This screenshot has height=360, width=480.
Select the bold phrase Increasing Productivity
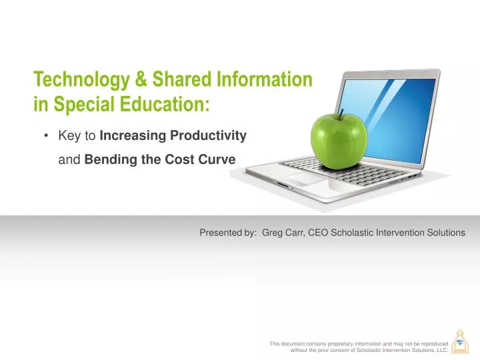173,136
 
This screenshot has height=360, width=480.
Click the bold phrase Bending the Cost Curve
160,160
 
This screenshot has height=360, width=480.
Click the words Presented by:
228,233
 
